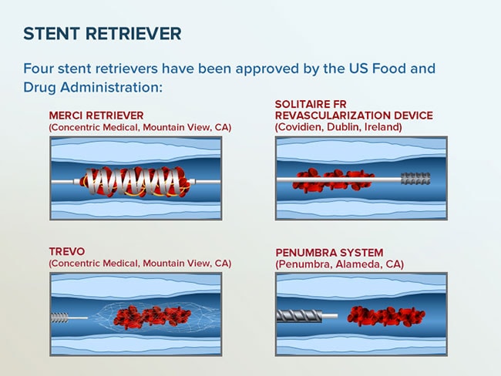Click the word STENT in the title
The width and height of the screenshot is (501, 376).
tap(52, 34)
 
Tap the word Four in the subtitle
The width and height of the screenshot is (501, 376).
tap(39, 69)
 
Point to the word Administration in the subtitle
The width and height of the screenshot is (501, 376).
tap(111, 88)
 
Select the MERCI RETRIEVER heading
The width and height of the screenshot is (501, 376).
tap(96, 116)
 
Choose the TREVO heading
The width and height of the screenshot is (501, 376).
tap(67, 251)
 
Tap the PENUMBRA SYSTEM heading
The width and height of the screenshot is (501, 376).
tap(329, 253)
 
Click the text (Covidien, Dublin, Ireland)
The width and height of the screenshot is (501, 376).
tap(338, 127)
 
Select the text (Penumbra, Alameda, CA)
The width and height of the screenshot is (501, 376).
tap(340, 264)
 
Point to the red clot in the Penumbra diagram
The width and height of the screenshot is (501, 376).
tap(386, 316)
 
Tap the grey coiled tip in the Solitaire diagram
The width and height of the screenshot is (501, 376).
tap(415, 178)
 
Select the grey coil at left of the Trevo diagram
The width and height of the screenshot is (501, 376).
tap(60, 318)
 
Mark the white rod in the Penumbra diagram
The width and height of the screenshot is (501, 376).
tap(331, 316)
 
